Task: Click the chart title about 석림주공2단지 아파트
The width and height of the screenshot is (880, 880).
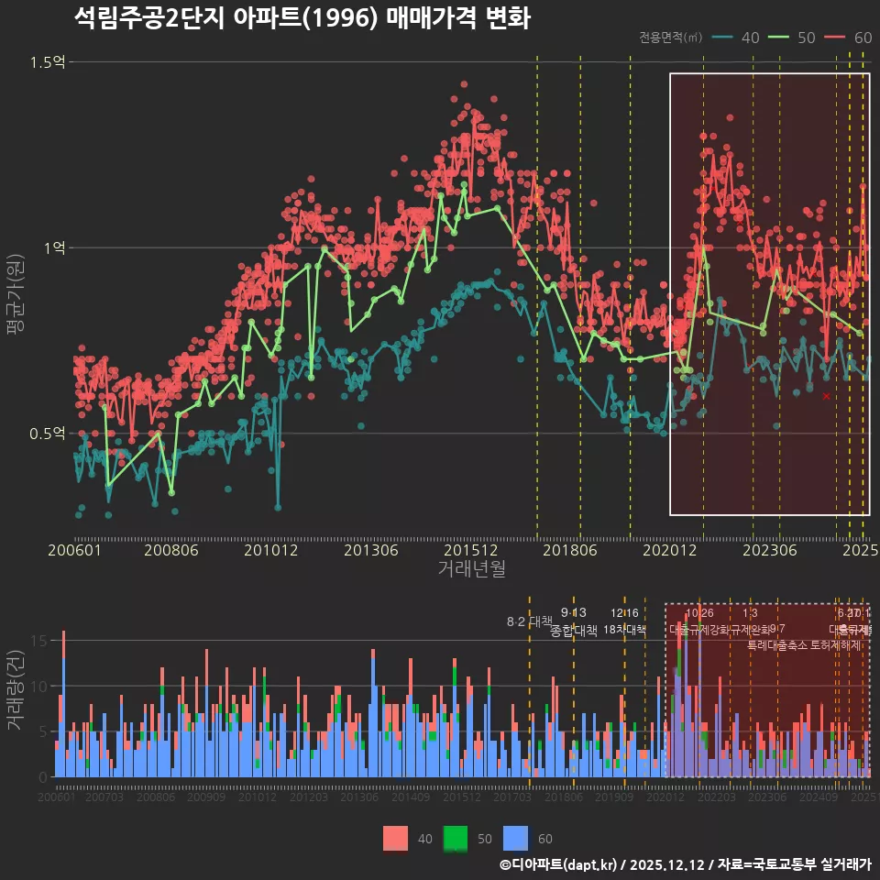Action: tap(302, 17)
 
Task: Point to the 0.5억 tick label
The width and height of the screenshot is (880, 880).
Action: tap(45, 433)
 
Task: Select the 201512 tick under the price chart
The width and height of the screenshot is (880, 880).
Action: tap(471, 550)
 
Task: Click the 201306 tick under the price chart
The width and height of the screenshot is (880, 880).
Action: tap(371, 550)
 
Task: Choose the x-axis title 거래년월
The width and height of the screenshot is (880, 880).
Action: tap(471, 569)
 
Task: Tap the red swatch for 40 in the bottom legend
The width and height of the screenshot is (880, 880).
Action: tap(395, 838)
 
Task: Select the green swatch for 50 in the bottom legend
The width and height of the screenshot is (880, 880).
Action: tap(456, 838)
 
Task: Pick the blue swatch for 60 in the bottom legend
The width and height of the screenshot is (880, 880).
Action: tap(517, 838)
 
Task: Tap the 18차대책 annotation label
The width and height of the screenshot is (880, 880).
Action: tap(624, 630)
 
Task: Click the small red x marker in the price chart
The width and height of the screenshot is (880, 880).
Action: tap(826, 396)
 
